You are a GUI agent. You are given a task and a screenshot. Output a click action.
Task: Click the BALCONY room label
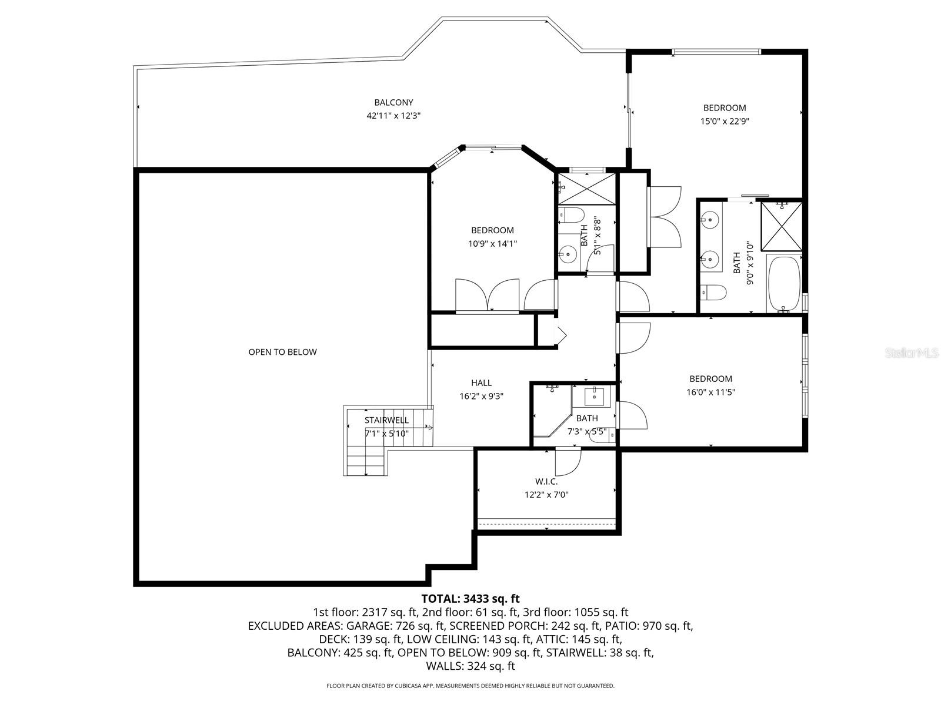point(393,102)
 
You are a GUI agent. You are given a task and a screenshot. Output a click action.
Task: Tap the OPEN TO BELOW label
point(282,352)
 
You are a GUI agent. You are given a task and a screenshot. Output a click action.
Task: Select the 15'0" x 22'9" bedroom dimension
point(725,122)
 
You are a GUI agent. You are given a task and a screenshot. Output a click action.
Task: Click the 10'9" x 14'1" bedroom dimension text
point(492,244)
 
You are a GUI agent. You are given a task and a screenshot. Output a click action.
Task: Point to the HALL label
point(481,383)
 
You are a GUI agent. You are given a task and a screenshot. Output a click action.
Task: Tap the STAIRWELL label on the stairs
point(386,420)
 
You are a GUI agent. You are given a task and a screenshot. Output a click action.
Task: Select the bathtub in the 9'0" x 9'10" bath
point(784,283)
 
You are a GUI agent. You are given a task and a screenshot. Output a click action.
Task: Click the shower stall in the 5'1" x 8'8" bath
point(587,189)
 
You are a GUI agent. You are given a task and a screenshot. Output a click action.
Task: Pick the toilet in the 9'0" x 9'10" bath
point(713,291)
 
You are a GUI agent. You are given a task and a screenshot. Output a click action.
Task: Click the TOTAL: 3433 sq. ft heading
point(470,599)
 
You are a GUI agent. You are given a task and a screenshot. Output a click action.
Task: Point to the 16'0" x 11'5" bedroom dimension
point(710,392)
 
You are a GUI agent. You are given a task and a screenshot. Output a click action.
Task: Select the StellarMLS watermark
point(912,353)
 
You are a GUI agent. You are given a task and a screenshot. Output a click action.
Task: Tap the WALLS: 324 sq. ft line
point(470,666)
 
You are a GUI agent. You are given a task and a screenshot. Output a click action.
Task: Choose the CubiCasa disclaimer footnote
point(470,686)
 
